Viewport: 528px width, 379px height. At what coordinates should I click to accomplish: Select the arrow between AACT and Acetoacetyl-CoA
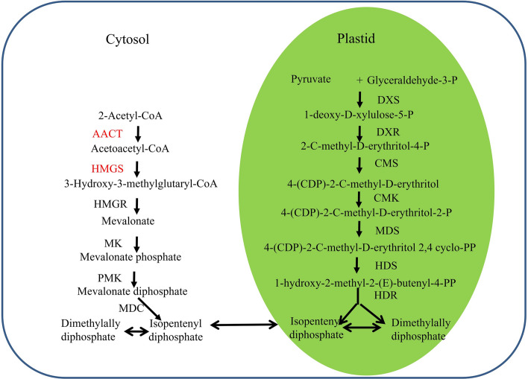coord(137,133)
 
